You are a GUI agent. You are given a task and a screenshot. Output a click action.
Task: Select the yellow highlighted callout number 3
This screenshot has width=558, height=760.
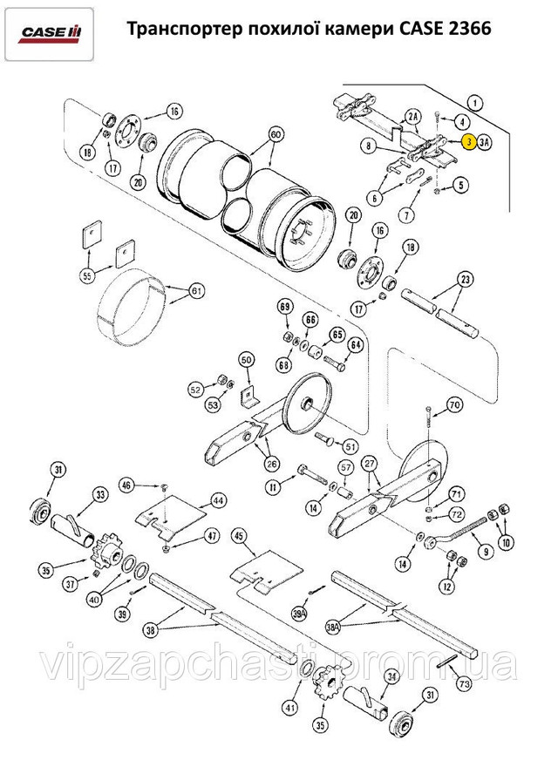coord(468,142)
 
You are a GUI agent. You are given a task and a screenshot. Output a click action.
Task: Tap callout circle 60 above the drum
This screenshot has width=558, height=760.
coord(276,135)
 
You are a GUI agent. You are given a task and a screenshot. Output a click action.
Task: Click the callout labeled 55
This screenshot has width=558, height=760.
coord(87,276)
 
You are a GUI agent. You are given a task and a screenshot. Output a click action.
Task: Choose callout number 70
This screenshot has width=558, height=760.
coord(454,404)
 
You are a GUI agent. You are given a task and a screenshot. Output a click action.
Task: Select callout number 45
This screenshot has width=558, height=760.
coord(240,537)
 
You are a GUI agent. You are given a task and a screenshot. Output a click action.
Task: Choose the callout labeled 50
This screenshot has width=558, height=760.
coord(246,359)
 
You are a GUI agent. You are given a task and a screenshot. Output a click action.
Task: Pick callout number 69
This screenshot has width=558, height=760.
coord(283,307)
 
